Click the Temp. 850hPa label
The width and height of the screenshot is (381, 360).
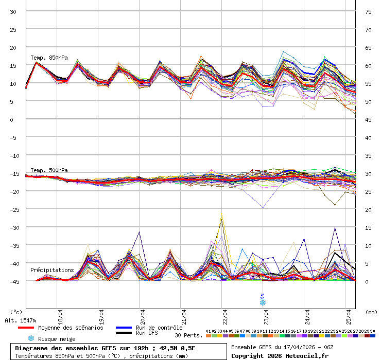click(x=49, y=58)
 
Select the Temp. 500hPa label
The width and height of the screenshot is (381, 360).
click(x=49, y=170)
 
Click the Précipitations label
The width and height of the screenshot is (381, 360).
click(x=52, y=270)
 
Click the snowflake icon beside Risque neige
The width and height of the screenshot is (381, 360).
click(x=31, y=338)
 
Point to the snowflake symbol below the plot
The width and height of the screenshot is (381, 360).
click(x=263, y=303)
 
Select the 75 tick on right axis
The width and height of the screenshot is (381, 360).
click(x=368, y=11)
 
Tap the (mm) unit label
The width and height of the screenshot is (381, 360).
click(x=371, y=312)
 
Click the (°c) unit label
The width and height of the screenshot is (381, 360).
click(x=16, y=312)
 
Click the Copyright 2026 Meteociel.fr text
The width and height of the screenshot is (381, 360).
click(x=280, y=355)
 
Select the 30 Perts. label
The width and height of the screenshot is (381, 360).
click(x=188, y=335)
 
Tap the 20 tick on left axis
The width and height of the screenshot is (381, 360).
click(x=14, y=47)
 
